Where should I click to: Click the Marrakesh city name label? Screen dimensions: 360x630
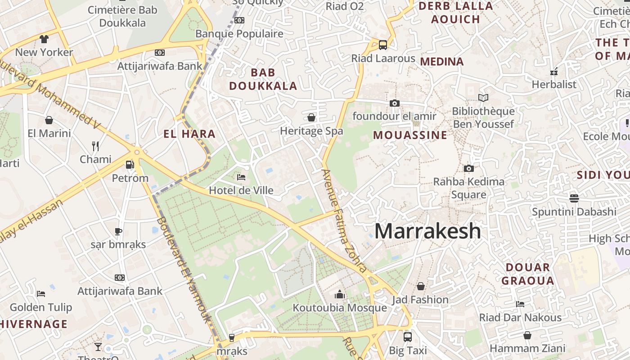click(x=427, y=231)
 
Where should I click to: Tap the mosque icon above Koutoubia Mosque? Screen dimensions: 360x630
click(x=340, y=295)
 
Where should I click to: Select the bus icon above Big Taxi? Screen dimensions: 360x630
click(x=408, y=337)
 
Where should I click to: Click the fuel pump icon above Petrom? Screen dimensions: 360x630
click(x=130, y=165)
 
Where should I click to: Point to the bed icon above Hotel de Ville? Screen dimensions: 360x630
click(x=241, y=177)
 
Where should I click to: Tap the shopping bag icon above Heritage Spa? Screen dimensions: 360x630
click(x=311, y=118)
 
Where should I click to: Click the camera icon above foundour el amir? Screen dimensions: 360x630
click(x=395, y=103)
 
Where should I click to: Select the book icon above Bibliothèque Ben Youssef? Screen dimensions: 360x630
click(x=483, y=98)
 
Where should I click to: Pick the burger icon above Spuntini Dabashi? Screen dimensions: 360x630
click(x=574, y=198)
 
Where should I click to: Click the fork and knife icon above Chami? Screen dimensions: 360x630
click(x=95, y=146)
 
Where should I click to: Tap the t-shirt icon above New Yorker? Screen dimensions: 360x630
click(x=44, y=39)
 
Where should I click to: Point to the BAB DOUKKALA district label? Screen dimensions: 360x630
click(x=263, y=79)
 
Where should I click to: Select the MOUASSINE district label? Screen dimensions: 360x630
click(x=410, y=135)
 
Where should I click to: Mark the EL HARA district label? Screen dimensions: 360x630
click(x=189, y=134)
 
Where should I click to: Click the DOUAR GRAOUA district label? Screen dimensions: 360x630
click(x=528, y=274)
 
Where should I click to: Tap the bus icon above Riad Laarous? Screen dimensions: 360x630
click(x=382, y=45)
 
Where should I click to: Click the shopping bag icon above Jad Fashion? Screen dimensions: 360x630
click(x=421, y=286)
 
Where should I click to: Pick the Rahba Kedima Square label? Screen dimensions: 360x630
click(x=468, y=188)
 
